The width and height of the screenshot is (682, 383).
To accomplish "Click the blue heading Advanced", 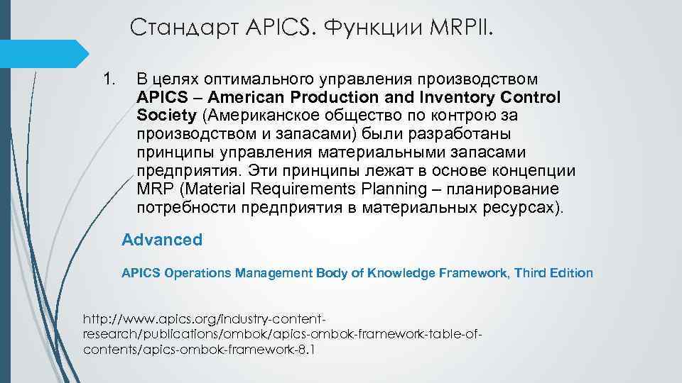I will (x=162, y=240).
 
